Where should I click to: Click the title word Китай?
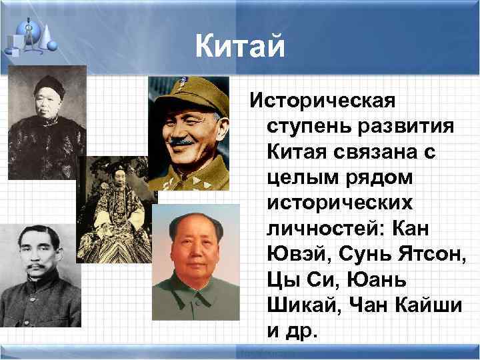click(240, 47)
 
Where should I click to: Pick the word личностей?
click(317, 229)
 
